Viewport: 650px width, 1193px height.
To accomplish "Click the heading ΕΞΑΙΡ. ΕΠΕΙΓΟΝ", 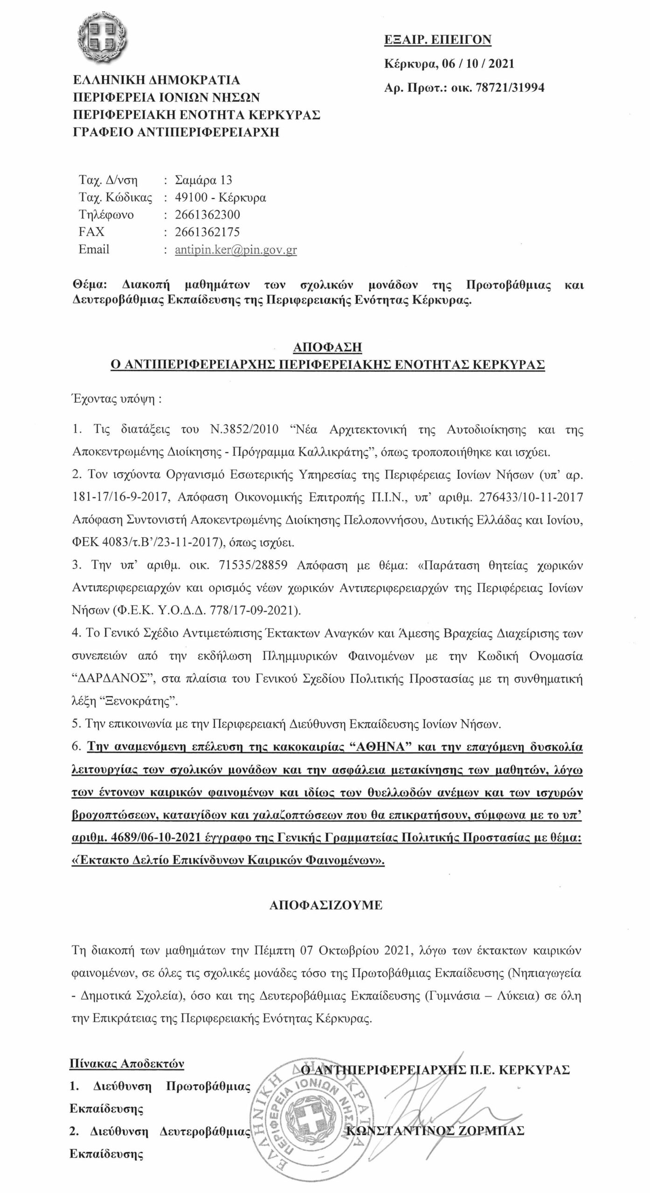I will coord(437,40).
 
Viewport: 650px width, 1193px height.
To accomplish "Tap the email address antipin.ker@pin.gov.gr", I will coord(236,250).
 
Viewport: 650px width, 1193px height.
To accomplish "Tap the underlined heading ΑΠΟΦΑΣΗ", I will coord(327,348).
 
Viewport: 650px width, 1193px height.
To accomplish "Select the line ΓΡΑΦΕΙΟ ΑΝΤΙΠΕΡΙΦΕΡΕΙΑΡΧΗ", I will coord(177,132).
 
